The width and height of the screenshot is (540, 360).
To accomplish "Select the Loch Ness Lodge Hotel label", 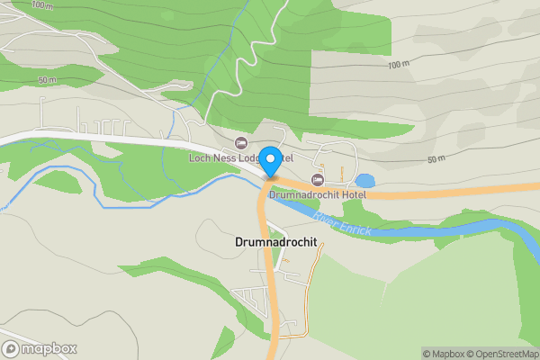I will point(241,157).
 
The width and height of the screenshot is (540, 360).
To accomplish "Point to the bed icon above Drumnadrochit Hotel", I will point(316,180).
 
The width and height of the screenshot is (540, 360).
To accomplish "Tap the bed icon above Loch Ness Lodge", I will point(240,143).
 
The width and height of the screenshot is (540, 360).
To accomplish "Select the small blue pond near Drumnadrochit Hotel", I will point(364,181).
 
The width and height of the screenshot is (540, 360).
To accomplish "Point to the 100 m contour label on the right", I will point(398,66).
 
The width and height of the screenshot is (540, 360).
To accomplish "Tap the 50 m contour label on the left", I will point(47,80).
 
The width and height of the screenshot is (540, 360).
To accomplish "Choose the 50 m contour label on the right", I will point(436,159).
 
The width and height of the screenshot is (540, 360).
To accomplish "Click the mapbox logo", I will point(40,348).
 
